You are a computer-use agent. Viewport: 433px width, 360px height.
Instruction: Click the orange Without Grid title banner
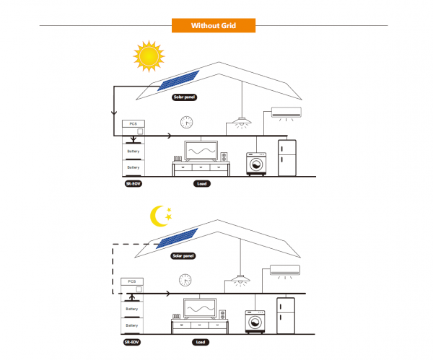(214, 26)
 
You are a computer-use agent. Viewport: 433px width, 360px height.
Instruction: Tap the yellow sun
(149, 56)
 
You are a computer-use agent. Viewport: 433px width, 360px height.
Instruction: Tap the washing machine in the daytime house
(255, 164)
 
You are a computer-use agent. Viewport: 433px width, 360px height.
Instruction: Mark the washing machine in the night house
(255, 321)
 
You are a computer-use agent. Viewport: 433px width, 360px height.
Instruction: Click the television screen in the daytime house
(202, 152)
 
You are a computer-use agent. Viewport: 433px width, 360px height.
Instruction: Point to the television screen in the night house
(201, 308)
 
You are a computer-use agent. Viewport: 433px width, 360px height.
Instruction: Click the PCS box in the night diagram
(132, 282)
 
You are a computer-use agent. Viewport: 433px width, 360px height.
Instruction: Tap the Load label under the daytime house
(203, 184)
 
